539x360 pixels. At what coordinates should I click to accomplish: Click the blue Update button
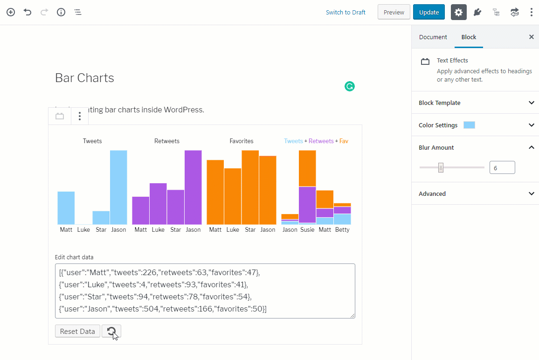coord(428,12)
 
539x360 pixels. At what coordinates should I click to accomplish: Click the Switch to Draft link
coord(346,13)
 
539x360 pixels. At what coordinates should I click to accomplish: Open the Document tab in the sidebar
coord(433,37)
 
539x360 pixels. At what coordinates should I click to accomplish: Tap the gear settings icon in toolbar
coord(458,12)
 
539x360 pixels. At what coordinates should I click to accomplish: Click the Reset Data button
coord(77,332)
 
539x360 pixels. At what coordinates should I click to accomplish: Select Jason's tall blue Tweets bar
coord(118,187)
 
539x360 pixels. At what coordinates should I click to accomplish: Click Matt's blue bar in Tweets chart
coord(66,208)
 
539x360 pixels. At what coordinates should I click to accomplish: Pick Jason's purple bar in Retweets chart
coord(193,187)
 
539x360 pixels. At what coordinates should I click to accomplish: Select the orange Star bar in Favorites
coord(250,187)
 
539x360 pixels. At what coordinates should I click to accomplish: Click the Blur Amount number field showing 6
coord(502,167)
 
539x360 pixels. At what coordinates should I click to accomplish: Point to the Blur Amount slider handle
coord(441,167)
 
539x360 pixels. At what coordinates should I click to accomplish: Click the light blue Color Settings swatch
coord(469,125)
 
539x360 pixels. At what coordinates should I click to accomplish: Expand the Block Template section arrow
coord(531,103)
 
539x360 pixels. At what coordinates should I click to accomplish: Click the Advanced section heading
coord(432,194)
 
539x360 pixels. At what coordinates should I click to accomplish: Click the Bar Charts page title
coord(84,78)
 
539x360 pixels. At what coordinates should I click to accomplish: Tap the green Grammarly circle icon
coord(350,86)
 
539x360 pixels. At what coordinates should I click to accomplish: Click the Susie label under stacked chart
coord(307,229)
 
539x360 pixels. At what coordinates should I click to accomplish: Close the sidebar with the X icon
coord(531,37)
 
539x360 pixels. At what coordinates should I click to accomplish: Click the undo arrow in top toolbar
coord(28,12)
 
